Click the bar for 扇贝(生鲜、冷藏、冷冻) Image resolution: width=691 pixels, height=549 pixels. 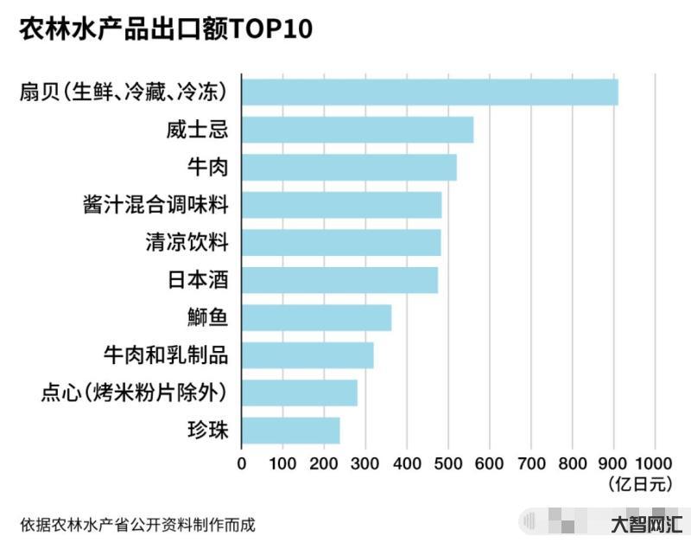tap(429, 92)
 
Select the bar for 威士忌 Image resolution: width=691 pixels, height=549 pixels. tap(357, 130)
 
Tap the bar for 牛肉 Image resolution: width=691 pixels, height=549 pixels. tap(348, 167)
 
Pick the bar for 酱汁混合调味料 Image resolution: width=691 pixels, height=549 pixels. tap(341, 205)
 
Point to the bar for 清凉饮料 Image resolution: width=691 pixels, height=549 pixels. tap(340, 242)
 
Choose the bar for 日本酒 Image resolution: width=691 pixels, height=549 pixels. tap(339, 280)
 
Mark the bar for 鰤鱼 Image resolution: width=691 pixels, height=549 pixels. tap(316, 317)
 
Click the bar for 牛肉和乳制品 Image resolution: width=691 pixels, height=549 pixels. tap(307, 355)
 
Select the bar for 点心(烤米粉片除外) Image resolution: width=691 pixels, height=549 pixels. tap(299, 393)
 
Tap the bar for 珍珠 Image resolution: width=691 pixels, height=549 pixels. tap(290, 430)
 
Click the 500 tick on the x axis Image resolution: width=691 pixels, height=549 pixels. tap(448, 463)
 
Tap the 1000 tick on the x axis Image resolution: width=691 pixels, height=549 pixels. tap(656, 463)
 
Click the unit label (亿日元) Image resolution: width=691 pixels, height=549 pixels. tap(640, 484)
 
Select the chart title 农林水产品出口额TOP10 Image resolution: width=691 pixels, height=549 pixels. tap(166, 29)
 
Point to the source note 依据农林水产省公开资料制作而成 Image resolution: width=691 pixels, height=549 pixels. tap(137, 524)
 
